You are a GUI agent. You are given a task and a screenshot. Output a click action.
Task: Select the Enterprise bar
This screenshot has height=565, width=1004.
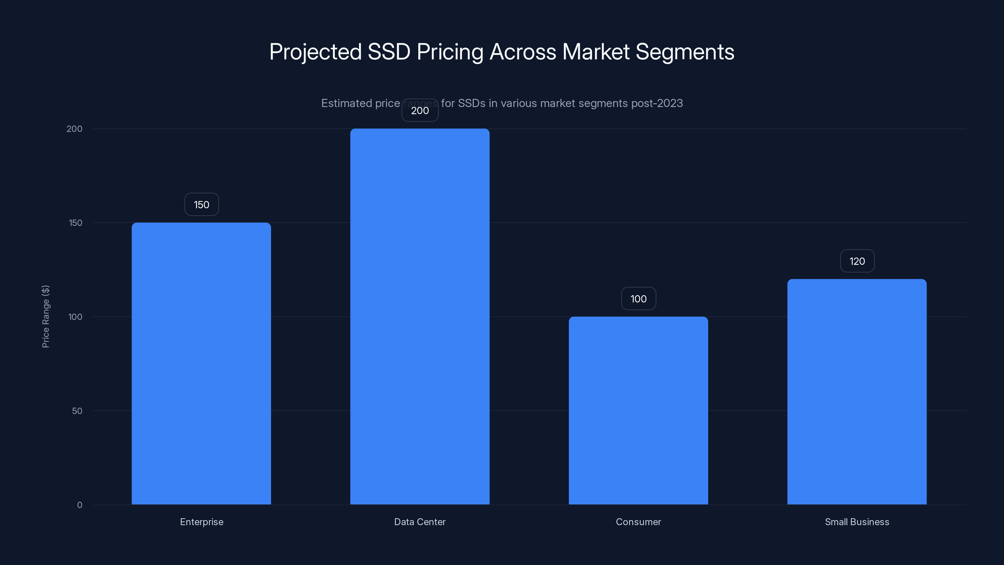201,363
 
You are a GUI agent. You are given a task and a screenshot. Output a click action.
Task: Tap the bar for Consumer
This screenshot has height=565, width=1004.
638,410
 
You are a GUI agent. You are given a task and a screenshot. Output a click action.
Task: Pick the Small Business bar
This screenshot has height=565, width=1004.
857,391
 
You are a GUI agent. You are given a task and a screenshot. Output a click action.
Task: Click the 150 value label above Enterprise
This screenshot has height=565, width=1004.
201,205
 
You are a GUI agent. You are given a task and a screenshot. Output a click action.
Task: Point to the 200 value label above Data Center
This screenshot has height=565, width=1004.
420,111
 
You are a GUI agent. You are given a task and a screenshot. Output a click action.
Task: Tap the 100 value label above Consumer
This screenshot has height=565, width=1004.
638,299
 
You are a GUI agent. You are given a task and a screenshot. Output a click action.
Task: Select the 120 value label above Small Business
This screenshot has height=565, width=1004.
857,261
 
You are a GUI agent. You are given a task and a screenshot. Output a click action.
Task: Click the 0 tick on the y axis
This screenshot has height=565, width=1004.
79,505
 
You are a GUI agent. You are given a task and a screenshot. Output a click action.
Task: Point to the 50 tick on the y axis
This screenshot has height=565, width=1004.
77,411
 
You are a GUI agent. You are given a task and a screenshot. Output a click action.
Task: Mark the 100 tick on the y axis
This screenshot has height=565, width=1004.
75,317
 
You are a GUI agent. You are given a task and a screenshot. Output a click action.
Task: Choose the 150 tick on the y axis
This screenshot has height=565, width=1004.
76,223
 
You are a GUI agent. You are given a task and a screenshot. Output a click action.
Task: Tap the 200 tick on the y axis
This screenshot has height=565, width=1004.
74,129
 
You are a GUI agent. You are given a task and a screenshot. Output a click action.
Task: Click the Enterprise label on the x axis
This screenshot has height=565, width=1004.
201,522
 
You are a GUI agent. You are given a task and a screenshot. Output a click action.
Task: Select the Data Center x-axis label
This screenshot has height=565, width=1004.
420,522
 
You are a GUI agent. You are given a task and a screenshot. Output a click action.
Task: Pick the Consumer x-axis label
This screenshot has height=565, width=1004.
638,522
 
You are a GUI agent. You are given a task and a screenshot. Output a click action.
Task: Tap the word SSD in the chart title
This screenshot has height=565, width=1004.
389,52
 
